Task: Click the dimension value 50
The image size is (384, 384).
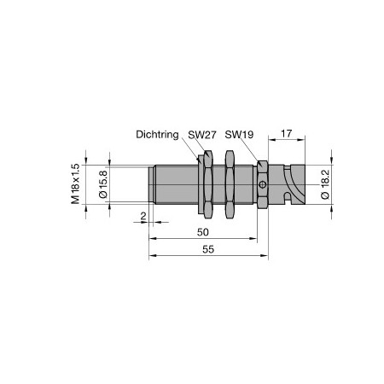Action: click(x=203, y=232)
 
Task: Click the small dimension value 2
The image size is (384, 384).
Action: click(x=143, y=216)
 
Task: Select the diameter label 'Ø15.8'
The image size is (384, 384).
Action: click(x=103, y=183)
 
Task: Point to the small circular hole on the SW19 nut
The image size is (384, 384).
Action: click(x=265, y=184)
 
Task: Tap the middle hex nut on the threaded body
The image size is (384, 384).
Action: click(x=229, y=183)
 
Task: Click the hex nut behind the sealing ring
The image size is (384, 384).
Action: click(x=207, y=183)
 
